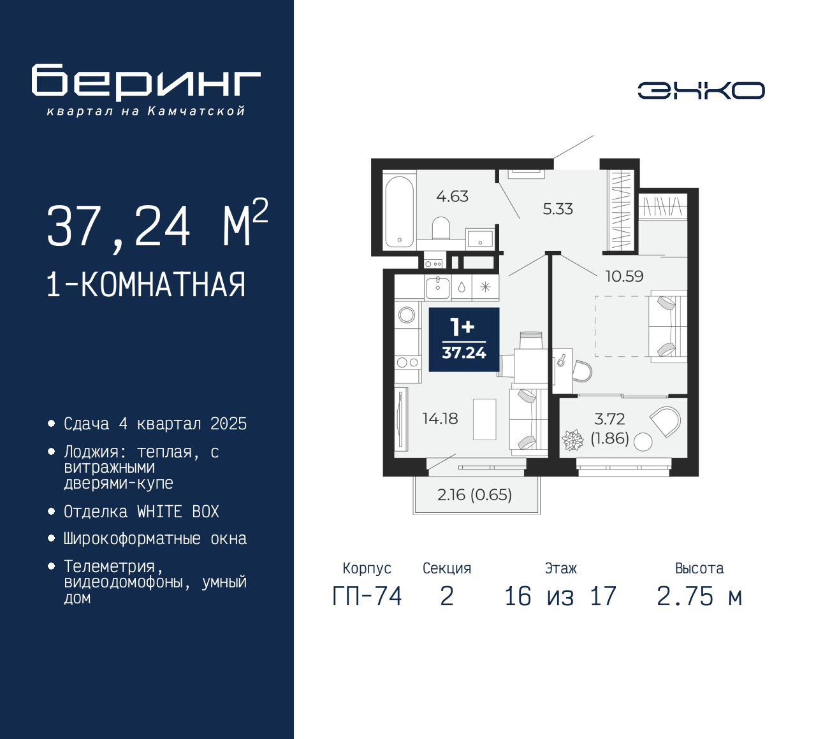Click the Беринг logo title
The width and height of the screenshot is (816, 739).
tap(146, 82)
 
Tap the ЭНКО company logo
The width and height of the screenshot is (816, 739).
tap(701, 90)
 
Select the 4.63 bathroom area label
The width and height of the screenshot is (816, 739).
tap(452, 196)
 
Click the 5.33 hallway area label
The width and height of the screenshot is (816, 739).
tap(557, 209)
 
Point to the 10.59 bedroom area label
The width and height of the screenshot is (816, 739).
tap(623, 276)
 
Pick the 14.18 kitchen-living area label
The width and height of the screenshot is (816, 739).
tap(440, 419)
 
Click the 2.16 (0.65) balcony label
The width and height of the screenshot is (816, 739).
tap(474, 495)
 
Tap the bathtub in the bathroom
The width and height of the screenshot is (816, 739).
tap(399, 212)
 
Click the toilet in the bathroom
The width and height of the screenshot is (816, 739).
tap(441, 228)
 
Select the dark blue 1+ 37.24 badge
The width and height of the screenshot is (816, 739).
tap(463, 340)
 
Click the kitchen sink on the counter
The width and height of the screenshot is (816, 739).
tap(438, 287)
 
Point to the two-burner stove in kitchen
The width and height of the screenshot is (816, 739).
tap(407, 362)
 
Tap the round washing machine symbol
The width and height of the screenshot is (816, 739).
tap(407, 315)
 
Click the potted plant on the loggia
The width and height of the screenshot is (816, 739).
tap(572, 440)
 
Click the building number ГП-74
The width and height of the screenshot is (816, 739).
tap(367, 596)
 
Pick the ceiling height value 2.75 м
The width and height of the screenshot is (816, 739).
tap(699, 596)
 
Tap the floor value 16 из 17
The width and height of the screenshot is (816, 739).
tap(560, 596)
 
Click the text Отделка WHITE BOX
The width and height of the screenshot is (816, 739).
tap(141, 512)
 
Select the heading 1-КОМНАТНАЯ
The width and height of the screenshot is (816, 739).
tap(146, 285)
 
